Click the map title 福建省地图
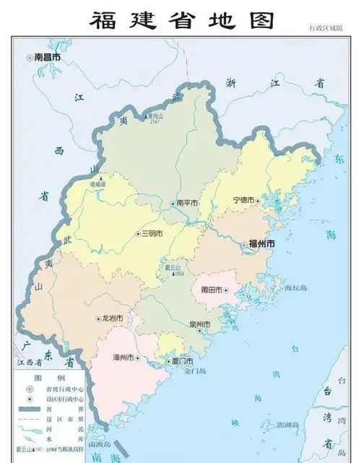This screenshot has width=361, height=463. tap(182, 20)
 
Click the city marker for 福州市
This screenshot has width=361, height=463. tap(244, 245)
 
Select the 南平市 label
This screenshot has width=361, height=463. tap(186, 204)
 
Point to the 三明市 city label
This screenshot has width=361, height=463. tap(152, 234)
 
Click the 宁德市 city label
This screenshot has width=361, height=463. tap(243, 200)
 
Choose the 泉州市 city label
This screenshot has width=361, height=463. tap(199, 324)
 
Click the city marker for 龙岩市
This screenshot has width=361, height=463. tap(99, 319)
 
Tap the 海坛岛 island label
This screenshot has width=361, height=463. tap(295, 287)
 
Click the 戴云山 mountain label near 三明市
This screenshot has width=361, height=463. tap(173, 268)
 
